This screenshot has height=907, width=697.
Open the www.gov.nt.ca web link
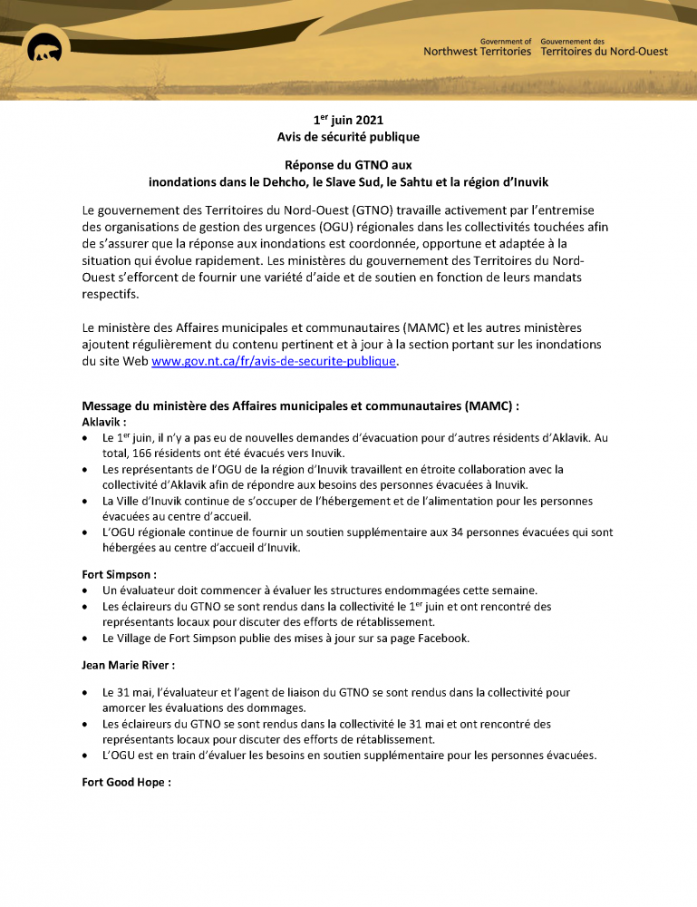pyautogui.click(x=274, y=361)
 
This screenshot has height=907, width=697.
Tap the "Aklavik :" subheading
pyautogui.click(x=104, y=422)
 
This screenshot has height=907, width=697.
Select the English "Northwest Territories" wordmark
pyautogui.click(x=478, y=52)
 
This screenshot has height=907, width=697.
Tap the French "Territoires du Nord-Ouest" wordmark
pyautogui.click(x=604, y=52)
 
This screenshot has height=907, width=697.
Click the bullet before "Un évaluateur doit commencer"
pyautogui.click(x=85, y=590)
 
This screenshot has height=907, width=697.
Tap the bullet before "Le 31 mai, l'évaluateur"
pyautogui.click(x=85, y=692)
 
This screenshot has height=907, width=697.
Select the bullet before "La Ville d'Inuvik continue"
pyautogui.click(x=85, y=501)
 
